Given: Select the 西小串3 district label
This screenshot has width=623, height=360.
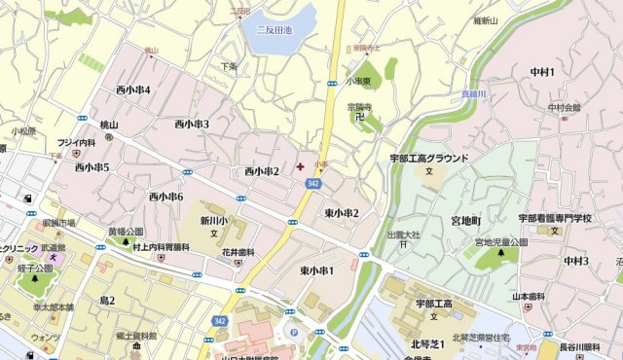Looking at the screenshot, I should click(192, 124).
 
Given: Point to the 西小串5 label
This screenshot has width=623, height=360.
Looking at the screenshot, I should click(92, 167).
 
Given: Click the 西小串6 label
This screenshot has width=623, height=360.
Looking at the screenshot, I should click(165, 197).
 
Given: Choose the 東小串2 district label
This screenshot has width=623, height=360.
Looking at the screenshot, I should click(342, 213).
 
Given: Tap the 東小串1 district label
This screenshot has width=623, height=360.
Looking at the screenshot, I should click(316, 270).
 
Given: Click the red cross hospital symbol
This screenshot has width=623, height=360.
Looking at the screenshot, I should click(299, 167).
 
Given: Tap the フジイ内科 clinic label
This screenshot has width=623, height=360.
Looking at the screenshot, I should click(75, 142).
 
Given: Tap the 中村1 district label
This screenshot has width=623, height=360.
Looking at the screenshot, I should click(542, 72).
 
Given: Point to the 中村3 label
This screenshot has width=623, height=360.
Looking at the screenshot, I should click(575, 260).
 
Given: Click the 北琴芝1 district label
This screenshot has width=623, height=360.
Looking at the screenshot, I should click(427, 342).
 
